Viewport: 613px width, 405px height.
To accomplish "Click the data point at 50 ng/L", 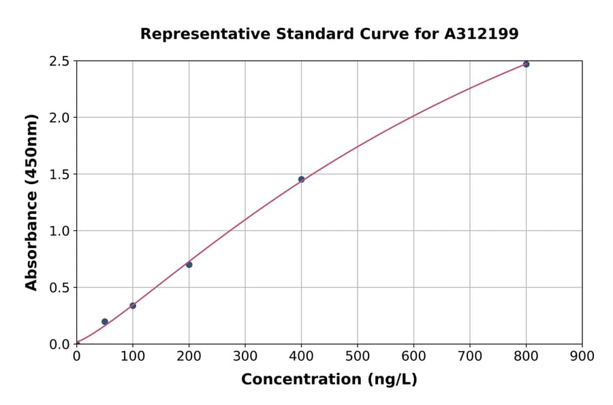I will click(x=104, y=322).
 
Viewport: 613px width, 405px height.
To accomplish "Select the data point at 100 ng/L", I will click(x=133, y=305).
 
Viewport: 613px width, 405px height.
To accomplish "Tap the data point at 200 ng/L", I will click(x=189, y=265).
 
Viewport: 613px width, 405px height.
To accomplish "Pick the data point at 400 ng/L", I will click(x=301, y=179).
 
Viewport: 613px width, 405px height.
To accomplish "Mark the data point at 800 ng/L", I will click(x=526, y=64).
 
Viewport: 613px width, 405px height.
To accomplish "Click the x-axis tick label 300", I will click(x=245, y=356).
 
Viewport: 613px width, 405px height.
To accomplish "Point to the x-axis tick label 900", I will click(x=582, y=356).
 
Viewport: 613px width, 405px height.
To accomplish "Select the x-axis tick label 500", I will click(x=358, y=356).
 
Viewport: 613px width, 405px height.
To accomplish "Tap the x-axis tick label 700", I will click(x=470, y=356).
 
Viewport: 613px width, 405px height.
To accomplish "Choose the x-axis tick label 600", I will click(x=413, y=356).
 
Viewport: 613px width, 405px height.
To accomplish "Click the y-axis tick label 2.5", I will click(x=59, y=61).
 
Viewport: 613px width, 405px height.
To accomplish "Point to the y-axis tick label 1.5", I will click(x=59, y=175).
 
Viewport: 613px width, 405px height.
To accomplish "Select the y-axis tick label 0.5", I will click(x=59, y=288).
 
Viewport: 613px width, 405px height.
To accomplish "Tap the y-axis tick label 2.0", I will click(x=59, y=118).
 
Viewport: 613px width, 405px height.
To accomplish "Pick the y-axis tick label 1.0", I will click(x=59, y=231).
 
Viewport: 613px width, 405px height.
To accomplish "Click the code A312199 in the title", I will click(x=482, y=34).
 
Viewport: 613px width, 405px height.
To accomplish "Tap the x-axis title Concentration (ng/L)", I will click(x=329, y=380).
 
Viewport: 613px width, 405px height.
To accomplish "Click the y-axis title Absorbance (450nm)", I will click(x=31, y=202).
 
